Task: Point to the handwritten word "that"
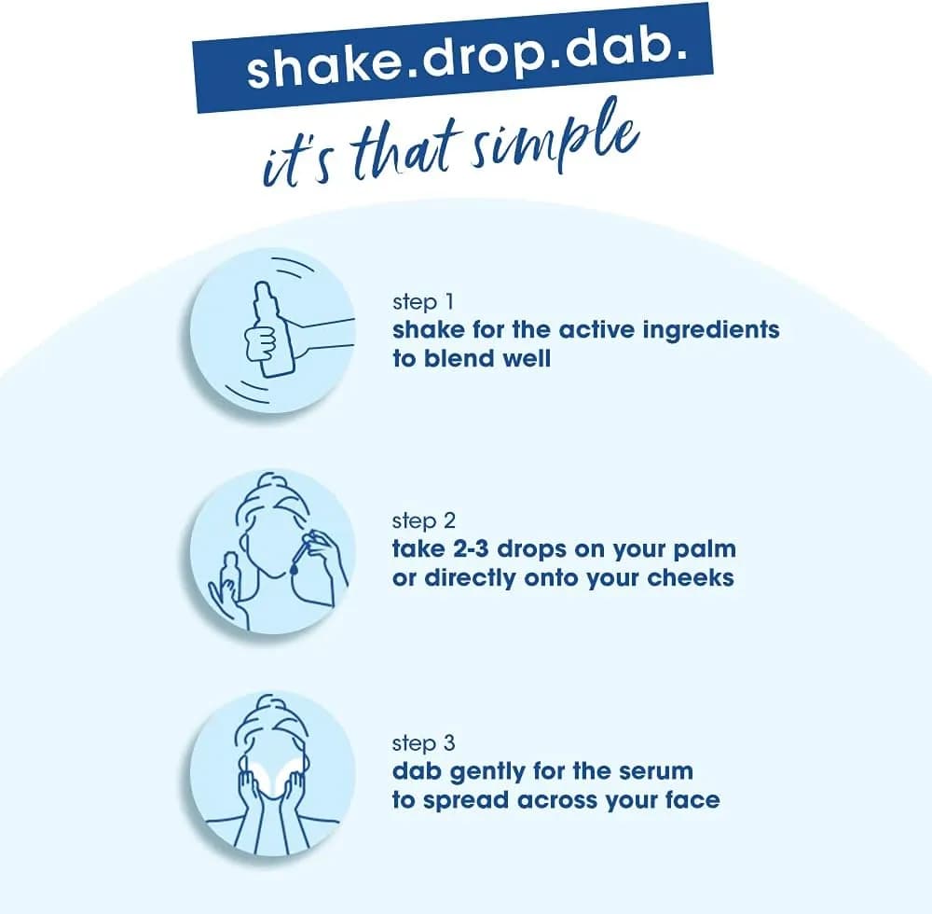[404, 153]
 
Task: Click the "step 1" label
[423, 302]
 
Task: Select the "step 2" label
[424, 521]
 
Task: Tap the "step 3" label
[424, 743]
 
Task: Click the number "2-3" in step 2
[470, 549]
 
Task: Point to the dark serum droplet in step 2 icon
[294, 569]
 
